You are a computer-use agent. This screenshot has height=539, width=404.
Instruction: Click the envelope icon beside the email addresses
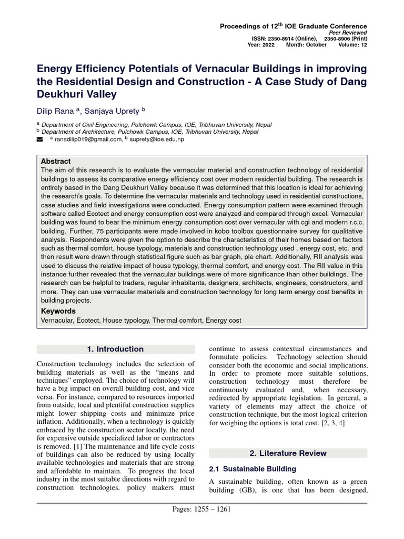click(39, 139)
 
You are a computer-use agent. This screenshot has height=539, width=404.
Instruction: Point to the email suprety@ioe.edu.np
click(157, 139)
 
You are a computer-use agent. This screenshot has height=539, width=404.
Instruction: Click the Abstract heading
click(56, 161)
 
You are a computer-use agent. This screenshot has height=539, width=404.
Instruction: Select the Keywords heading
click(58, 311)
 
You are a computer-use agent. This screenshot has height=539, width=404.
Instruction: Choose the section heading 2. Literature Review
click(288, 453)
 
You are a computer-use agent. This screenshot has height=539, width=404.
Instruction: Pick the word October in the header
click(315, 45)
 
